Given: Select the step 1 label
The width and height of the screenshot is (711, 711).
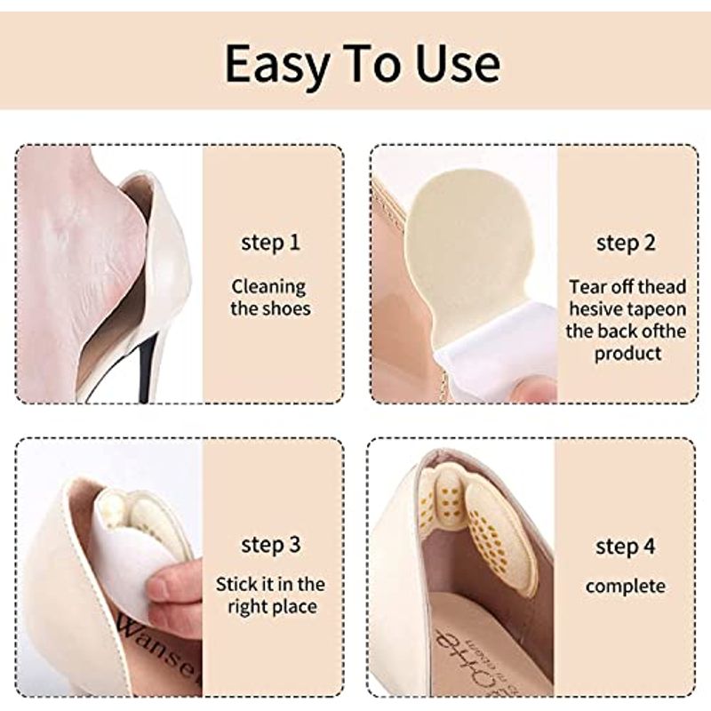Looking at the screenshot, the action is tap(270, 243).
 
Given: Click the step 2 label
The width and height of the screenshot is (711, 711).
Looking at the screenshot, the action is tap(626, 243).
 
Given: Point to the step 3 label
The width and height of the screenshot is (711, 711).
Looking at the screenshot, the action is tap(271, 545).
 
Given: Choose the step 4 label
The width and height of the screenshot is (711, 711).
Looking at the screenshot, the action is tap(626, 547).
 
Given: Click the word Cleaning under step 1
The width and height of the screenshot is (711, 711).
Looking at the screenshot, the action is tap(269, 287).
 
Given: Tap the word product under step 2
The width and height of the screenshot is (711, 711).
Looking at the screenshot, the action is tap(628, 354).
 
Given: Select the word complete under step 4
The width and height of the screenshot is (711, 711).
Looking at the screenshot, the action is tap(626, 587).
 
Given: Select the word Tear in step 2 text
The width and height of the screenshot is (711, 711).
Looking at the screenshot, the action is tap(587, 287).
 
